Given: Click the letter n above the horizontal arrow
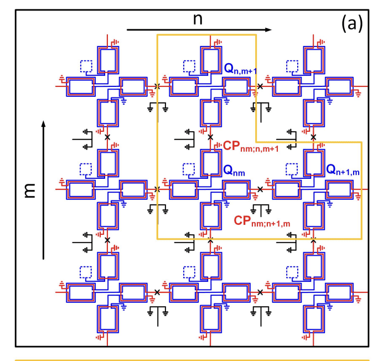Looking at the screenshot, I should pos(198,18).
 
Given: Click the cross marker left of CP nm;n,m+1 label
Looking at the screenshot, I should pos(210,137).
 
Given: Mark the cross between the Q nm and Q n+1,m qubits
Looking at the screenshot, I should pos(261,189).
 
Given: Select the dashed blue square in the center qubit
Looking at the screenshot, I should pos(189,169).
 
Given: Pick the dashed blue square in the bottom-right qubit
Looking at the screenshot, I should pos(292,272).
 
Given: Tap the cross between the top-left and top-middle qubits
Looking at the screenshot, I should pos(158,86).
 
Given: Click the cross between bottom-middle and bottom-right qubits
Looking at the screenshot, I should pos(261,292).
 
